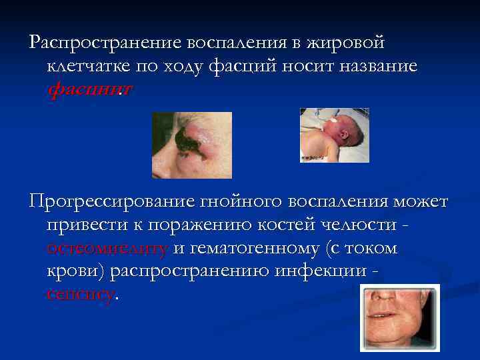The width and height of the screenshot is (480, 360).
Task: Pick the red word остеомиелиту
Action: point(107,249)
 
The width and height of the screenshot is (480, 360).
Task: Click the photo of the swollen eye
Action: point(192,145)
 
